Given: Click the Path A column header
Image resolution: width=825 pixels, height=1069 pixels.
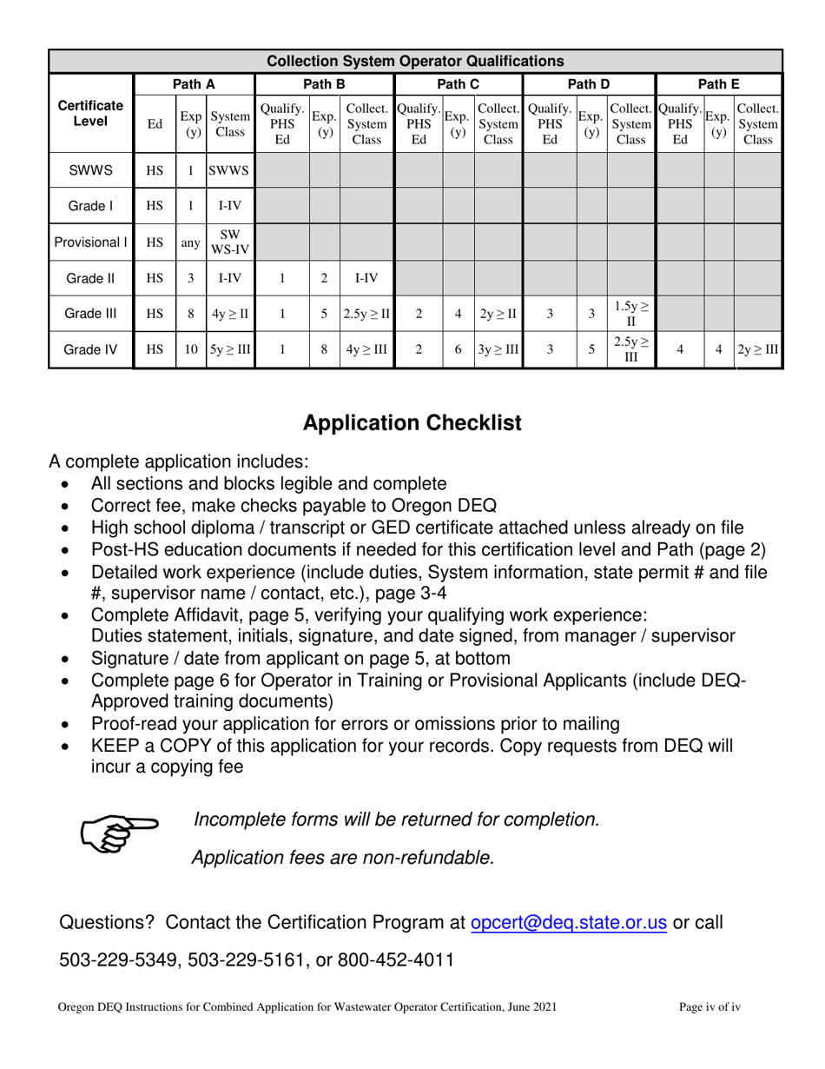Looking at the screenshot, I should coord(195,84).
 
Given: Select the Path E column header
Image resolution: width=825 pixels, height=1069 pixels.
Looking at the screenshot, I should coord(718,84).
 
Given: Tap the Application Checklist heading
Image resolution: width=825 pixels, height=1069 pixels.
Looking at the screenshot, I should coord(412,423).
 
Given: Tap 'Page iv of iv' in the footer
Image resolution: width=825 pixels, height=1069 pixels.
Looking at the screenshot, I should coord(709,1008).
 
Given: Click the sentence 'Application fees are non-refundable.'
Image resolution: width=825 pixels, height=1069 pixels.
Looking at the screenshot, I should coord(343,858).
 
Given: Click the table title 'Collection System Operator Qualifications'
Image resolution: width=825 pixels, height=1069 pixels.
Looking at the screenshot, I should coord(414,62).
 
